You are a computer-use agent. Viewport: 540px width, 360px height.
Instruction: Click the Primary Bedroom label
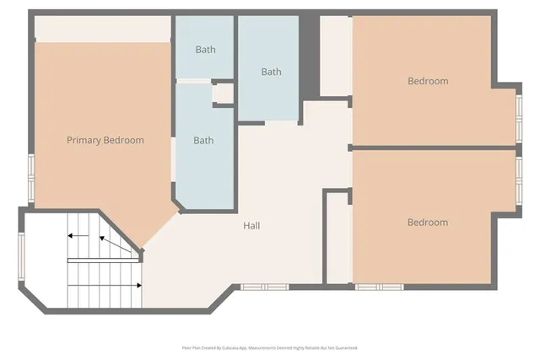[x=105, y=141]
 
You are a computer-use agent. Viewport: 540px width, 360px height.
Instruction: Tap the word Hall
[x=251, y=226]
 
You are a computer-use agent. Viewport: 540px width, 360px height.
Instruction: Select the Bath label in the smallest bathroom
[x=205, y=50]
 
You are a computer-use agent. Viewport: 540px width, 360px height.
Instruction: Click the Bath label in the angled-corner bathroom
[x=203, y=141]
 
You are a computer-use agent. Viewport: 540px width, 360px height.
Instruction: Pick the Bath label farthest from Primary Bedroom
[x=271, y=73]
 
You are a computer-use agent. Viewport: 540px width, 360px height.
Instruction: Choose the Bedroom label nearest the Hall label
[x=427, y=223]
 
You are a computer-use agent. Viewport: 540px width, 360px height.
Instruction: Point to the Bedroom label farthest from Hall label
[x=427, y=82]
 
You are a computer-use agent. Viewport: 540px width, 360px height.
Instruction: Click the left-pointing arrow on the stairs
[x=78, y=235]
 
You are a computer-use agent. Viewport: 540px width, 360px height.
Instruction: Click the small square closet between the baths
[x=223, y=93]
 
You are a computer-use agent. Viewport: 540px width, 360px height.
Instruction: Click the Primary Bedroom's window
[x=32, y=178]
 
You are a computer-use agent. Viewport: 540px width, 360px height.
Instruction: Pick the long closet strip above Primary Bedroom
[x=102, y=28]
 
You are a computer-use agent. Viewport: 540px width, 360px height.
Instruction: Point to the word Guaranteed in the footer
[x=343, y=347]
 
